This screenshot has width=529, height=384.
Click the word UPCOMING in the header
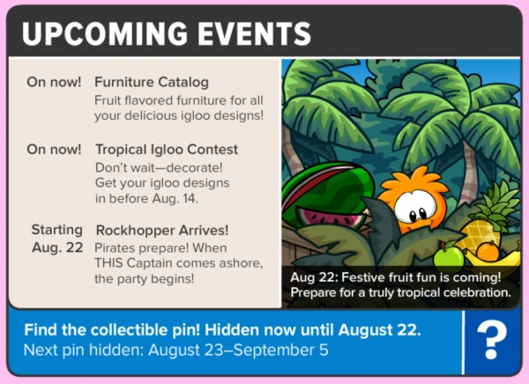coord(105,33)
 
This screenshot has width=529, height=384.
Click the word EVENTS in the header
coord(254,33)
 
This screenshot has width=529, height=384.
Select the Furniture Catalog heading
coord(152,82)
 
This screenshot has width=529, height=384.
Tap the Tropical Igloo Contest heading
coord(167,150)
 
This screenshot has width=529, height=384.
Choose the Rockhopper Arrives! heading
coord(162,230)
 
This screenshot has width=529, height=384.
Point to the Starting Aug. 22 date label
coord(57,239)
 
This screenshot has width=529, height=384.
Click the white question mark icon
coord(492,340)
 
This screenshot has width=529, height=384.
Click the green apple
coord(449,258)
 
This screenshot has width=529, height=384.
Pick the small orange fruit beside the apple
coord(488,251)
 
